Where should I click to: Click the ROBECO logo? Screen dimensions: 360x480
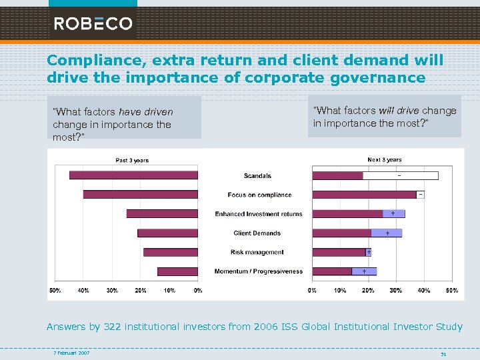pos(93,23)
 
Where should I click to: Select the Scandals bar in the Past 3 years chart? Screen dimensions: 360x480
pos(133,175)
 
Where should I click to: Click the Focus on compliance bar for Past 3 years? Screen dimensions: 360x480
pos(140,195)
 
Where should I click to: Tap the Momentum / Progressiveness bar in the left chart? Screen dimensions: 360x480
pos(177,271)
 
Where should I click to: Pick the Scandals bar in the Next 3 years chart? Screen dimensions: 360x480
pos(337,175)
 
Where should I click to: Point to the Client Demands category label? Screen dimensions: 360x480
pos(257,233)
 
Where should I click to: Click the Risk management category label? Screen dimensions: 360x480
pos(257,252)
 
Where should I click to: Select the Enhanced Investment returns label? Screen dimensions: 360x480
pos(259,214)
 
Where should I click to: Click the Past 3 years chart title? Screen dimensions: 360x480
pos(132,160)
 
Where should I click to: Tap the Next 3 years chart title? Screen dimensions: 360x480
pos(385,160)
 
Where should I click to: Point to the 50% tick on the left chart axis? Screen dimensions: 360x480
pos(55,291)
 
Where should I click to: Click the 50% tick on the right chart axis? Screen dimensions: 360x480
pos(451,291)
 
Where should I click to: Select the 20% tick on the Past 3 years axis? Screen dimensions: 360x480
pos(141,291)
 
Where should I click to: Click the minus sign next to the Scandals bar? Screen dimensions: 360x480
pos(399,175)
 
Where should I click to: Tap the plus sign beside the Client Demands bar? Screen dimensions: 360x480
pos(388,233)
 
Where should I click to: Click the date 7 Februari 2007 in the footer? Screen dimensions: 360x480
pos(72,353)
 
